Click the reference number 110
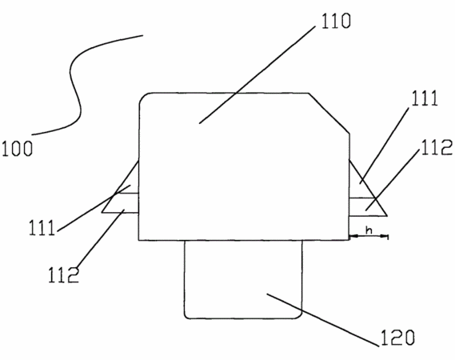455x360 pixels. coord(336,21)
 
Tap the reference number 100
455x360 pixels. coord(18,149)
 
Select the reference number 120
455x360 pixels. coord(397,338)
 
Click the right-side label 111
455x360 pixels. coord(425,98)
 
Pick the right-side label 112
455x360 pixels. coord(437,147)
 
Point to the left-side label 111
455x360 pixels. coord(42,227)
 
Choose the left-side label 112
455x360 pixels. coord(63,274)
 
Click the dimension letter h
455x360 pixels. coord(369,230)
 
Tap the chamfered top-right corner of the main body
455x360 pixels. coord(329,114)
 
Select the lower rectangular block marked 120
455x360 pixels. coord(243,279)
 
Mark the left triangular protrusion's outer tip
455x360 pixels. coord(102,212)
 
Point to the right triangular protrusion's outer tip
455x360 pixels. coord(387,216)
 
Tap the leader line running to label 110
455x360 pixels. coord(257,75)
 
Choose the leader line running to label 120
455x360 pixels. coord(323,320)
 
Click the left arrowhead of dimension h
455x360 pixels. coord(353,237)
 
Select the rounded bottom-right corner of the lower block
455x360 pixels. coord(299,316)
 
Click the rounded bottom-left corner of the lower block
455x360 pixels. coord(187,316)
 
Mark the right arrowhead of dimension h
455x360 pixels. coord(385,237)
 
